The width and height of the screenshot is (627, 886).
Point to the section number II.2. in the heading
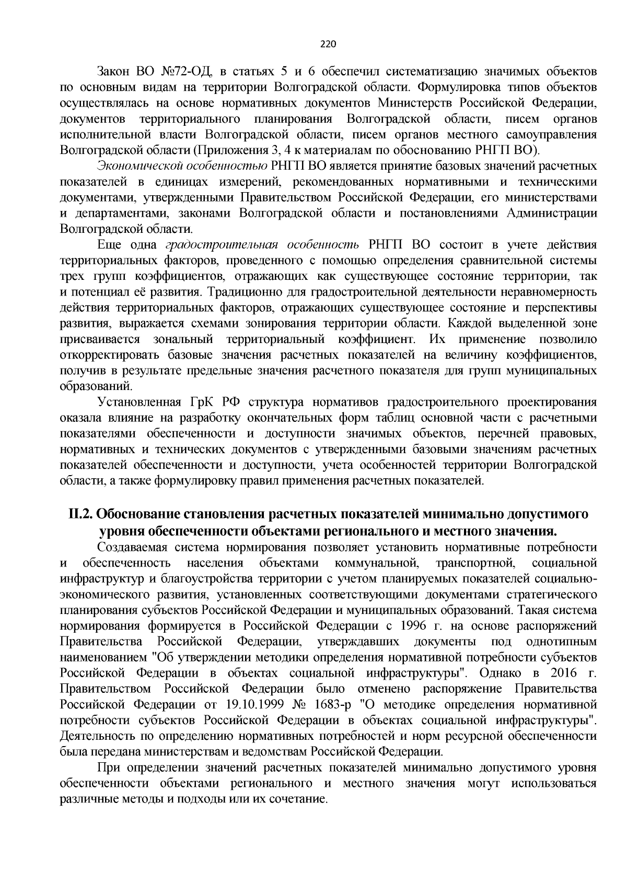point(81,514)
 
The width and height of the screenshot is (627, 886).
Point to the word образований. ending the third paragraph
point(96,387)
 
